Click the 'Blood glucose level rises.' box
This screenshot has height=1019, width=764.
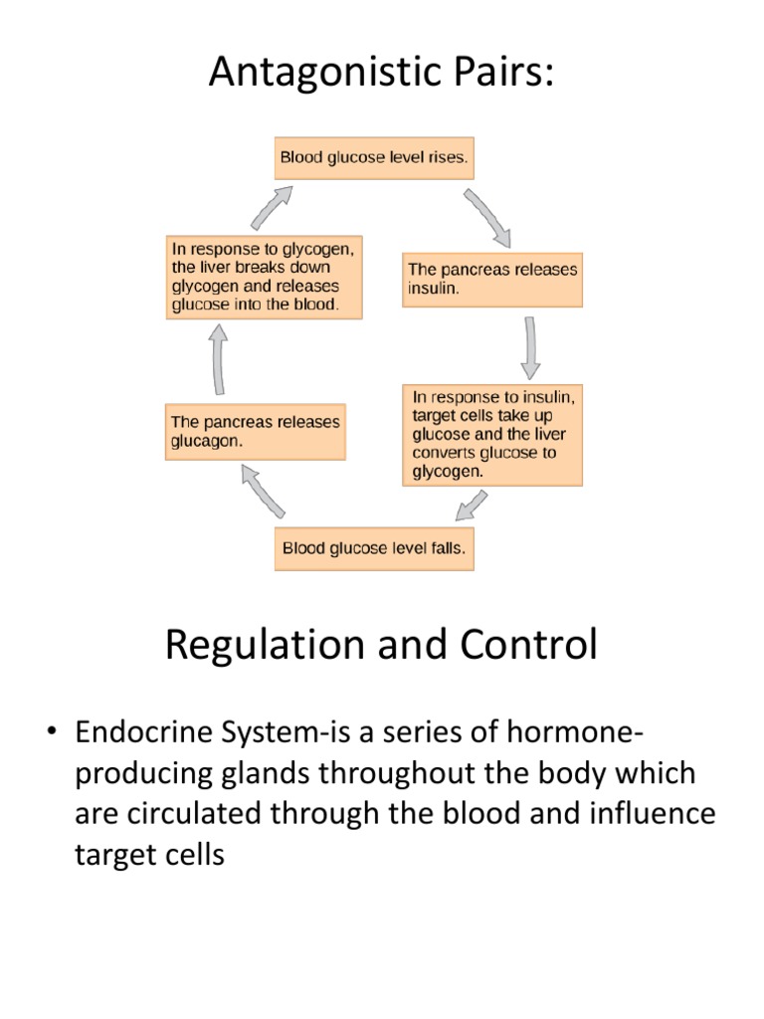coord(374,157)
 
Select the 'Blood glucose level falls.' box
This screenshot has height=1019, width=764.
coord(374,548)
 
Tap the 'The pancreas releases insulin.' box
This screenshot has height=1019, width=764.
coord(492,280)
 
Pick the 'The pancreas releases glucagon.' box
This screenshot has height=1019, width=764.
coord(256,432)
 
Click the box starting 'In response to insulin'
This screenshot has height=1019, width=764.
coord(492,434)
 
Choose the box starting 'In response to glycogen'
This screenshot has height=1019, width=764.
coord(264,277)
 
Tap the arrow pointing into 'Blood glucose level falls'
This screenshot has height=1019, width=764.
coord(472,506)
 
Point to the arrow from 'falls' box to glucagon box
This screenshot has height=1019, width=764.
coord(264,492)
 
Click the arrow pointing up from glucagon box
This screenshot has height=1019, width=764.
coord(217,361)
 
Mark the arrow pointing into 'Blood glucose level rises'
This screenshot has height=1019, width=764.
coord(270,208)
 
